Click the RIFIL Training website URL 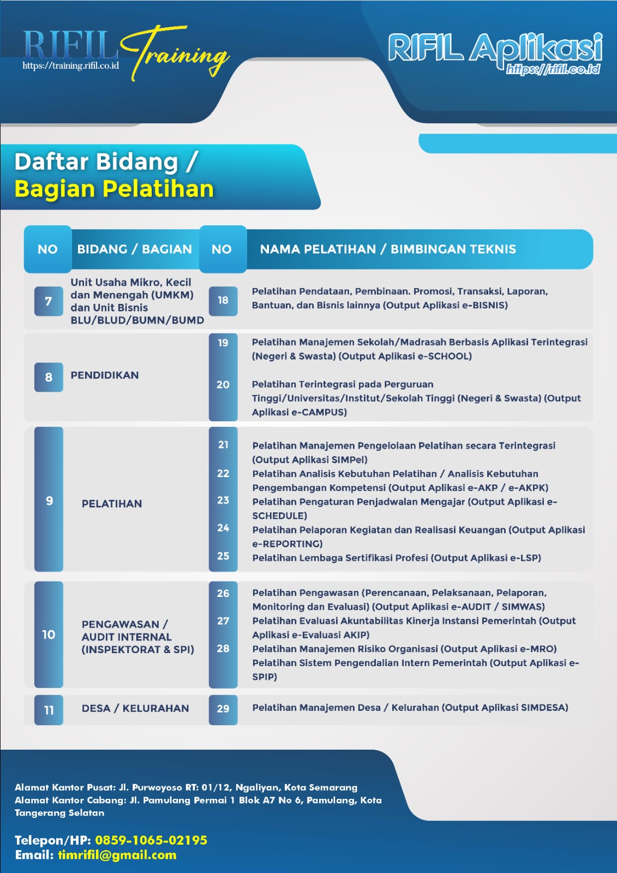[70, 65]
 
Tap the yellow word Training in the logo [176, 52]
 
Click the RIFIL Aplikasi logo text [495, 48]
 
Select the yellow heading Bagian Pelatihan [114, 189]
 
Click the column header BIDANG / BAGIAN [134, 249]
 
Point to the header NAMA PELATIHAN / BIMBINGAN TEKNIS [388, 249]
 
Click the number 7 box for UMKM [49, 301]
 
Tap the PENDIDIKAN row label [104, 375]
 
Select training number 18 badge [223, 301]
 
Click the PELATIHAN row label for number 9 [112, 504]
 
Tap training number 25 [223, 556]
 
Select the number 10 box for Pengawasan [49, 635]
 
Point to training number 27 [223, 621]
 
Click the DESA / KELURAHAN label [135, 708]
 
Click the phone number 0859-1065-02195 [151, 840]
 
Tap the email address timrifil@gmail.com [117, 855]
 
